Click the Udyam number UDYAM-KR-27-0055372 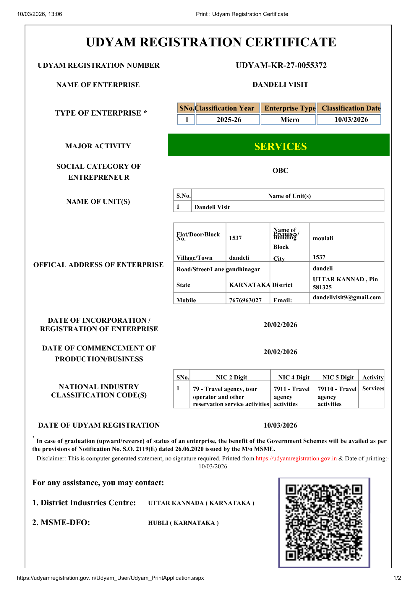[x=281, y=65]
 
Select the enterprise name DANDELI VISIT [x=280, y=85]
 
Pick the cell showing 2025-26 [x=229, y=120]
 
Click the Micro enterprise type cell [x=290, y=120]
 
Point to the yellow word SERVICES [x=281, y=146]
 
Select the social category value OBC [x=280, y=171]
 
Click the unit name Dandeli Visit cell [x=212, y=207]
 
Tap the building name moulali [x=323, y=238]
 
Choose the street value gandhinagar [x=243, y=269]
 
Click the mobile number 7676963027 [x=245, y=300]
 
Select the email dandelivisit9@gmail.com [x=347, y=297]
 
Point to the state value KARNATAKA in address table [x=249, y=285]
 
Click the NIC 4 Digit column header [x=294, y=377]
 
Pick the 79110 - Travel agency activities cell [x=337, y=397]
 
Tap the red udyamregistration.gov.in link [x=296, y=458]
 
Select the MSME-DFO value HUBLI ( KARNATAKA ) [x=183, y=523]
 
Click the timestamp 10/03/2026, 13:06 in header [x=40, y=14]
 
